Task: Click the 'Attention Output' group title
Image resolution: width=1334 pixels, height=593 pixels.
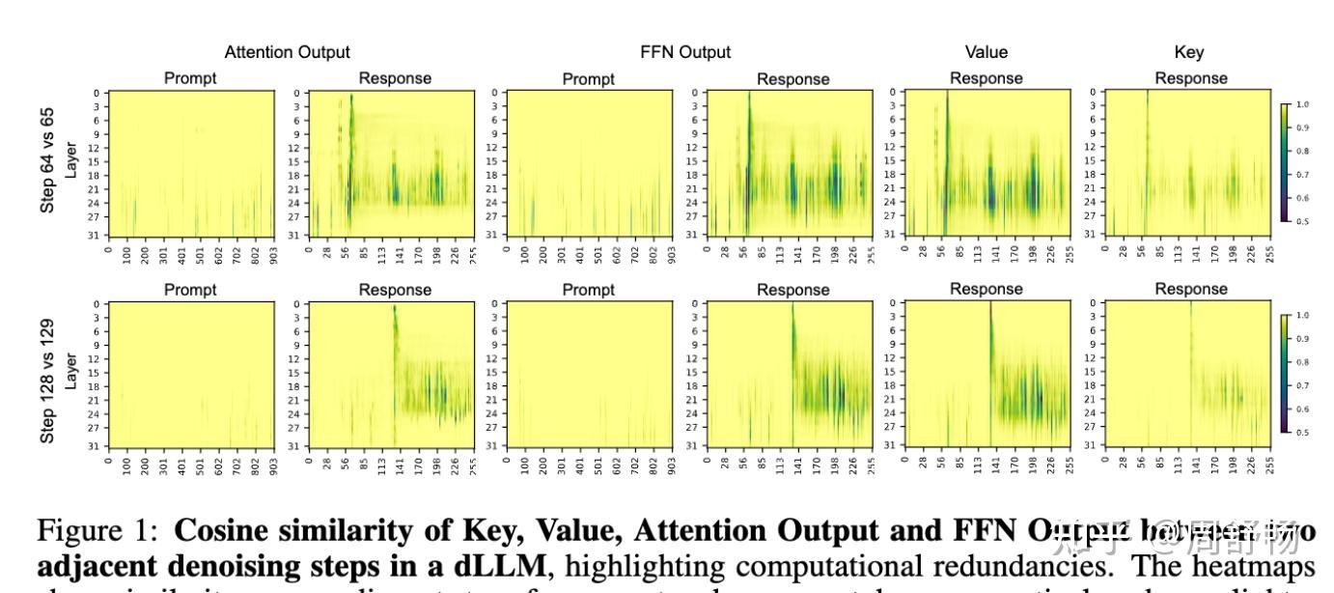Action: (287, 52)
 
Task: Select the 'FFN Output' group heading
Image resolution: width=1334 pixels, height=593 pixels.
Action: (685, 52)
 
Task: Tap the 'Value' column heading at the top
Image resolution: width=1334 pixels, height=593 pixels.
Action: (986, 52)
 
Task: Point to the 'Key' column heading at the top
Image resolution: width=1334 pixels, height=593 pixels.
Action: (1190, 52)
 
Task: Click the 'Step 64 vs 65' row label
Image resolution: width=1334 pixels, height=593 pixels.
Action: (47, 160)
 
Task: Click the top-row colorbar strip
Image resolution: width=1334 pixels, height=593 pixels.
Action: (1285, 162)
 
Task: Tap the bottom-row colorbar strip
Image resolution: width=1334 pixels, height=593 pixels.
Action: (1285, 374)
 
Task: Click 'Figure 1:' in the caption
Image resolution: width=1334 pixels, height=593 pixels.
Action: (101, 531)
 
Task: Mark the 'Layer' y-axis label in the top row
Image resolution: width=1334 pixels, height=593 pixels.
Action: (69, 160)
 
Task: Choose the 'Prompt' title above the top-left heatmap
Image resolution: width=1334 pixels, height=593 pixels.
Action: (190, 78)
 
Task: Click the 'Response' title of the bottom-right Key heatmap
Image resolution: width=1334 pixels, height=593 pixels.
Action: (1190, 289)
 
